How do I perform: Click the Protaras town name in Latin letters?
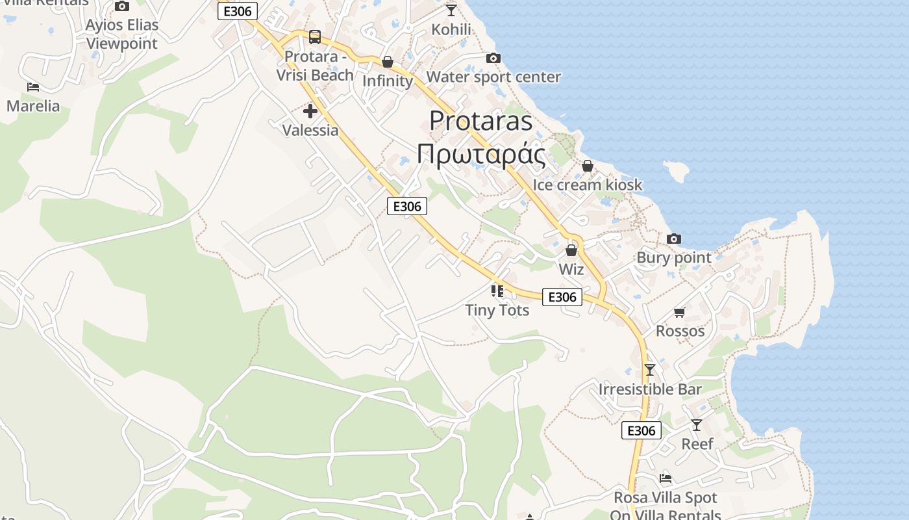coord(481,121)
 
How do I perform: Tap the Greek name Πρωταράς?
coord(481,154)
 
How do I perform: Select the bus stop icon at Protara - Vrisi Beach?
coord(315,37)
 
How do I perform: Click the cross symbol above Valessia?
coord(310,111)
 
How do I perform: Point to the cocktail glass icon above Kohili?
coord(451,10)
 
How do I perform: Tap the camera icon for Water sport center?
coord(493,58)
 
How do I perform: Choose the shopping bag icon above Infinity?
coord(388,62)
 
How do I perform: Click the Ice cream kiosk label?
coord(587,185)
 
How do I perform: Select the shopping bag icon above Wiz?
coord(571,250)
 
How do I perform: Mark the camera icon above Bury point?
coord(674,239)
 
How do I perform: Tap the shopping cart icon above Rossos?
coord(680,312)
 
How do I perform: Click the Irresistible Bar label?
coord(650,389)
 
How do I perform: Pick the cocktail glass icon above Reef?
coord(697,424)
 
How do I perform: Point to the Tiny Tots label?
coord(497,310)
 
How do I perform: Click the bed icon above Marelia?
coord(33,86)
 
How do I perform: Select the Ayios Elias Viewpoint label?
coord(122,34)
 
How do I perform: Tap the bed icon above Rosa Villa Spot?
coord(666,478)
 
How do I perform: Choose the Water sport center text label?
coord(493,77)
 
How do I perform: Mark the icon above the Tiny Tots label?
coord(497,291)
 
